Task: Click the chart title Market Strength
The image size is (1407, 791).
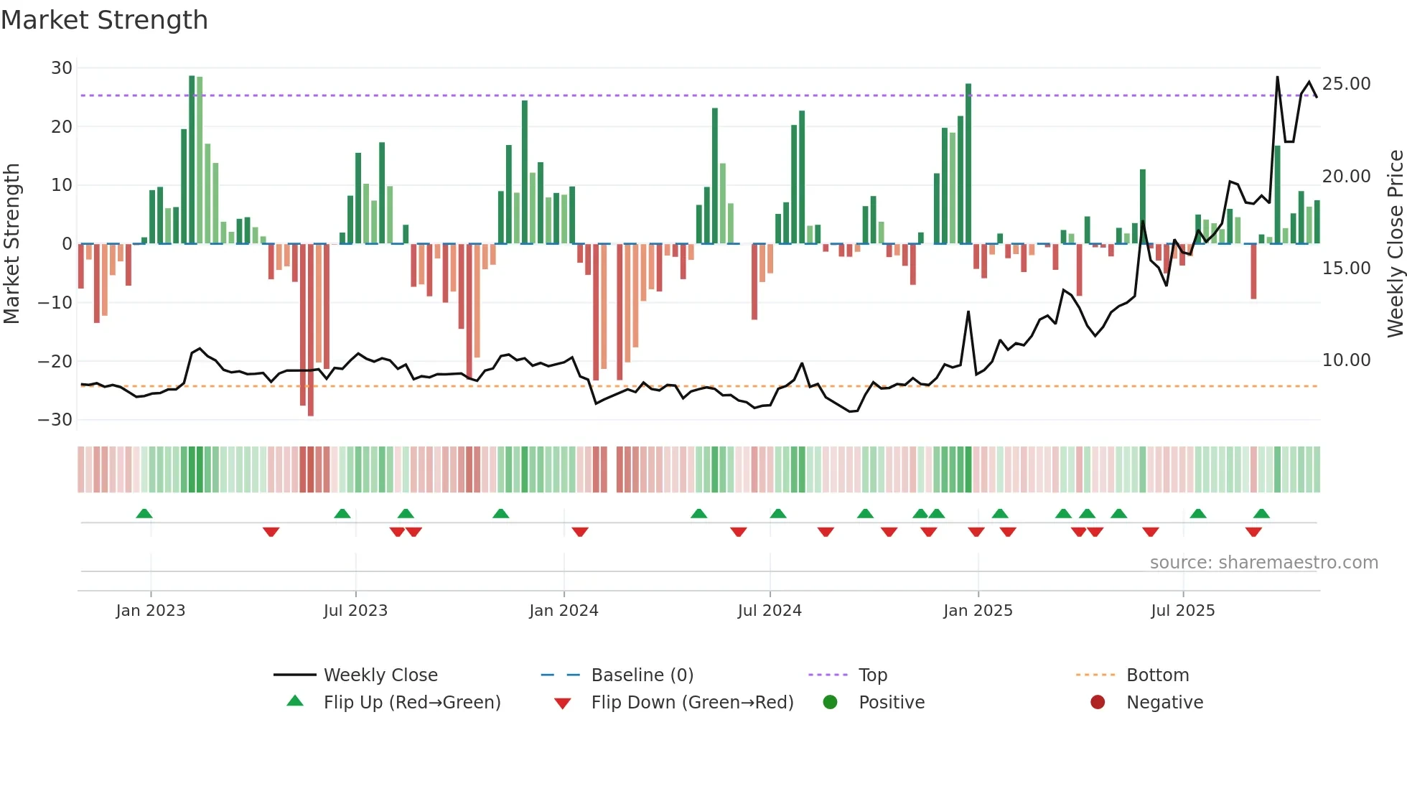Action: pyautogui.click(x=104, y=20)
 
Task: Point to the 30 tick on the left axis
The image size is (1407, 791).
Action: pyautogui.click(x=62, y=68)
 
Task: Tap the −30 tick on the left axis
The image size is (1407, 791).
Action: pyautogui.click(x=55, y=420)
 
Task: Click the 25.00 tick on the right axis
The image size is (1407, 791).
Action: pyautogui.click(x=1346, y=84)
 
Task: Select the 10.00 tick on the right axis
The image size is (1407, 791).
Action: pyautogui.click(x=1346, y=360)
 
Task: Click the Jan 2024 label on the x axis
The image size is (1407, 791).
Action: pyautogui.click(x=564, y=611)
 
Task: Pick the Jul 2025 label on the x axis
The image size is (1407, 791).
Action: pyautogui.click(x=1182, y=611)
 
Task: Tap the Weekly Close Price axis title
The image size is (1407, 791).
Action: pyautogui.click(x=1395, y=244)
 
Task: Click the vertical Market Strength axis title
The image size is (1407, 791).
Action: pyautogui.click(x=11, y=244)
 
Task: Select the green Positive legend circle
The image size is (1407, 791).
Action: pyautogui.click(x=830, y=703)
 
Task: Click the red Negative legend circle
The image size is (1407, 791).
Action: pyautogui.click(x=1098, y=703)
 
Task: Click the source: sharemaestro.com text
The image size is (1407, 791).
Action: pyautogui.click(x=1263, y=563)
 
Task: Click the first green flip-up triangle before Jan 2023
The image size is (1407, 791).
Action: pyautogui.click(x=144, y=513)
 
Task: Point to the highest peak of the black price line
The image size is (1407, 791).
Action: pyautogui.click(x=1277, y=77)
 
